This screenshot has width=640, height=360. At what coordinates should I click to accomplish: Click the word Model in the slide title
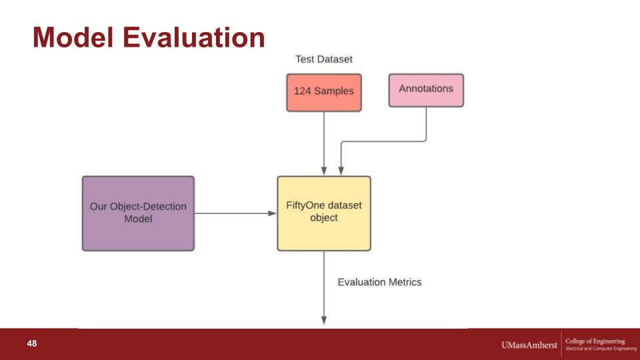(x=73, y=37)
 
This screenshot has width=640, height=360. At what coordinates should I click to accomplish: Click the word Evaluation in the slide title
(x=194, y=37)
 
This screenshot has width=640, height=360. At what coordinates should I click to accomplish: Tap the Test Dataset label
(x=324, y=59)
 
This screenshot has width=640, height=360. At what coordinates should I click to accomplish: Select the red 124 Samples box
(x=324, y=93)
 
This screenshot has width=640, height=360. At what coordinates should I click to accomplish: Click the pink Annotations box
(x=426, y=90)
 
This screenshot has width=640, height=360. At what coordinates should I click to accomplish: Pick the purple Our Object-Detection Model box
(x=139, y=213)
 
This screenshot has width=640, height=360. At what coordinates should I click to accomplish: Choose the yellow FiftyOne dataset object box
(x=324, y=213)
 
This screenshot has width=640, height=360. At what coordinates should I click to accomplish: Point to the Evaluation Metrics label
(x=379, y=282)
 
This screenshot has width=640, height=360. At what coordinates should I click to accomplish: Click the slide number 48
(x=32, y=344)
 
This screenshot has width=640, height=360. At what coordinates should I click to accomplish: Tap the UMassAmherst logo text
(x=529, y=345)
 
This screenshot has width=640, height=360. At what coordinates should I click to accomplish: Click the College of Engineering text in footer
(x=595, y=341)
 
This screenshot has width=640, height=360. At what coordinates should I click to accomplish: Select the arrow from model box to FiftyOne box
(x=235, y=213)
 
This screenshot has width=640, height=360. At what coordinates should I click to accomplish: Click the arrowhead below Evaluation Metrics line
(x=324, y=320)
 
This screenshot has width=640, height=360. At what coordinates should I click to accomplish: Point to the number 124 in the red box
(x=303, y=91)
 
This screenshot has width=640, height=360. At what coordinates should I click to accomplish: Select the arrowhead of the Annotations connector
(x=341, y=171)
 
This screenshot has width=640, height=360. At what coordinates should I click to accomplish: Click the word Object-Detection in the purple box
(x=148, y=207)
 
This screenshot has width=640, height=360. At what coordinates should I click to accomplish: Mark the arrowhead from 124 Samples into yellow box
(x=324, y=171)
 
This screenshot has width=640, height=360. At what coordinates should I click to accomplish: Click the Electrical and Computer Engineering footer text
(x=601, y=349)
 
